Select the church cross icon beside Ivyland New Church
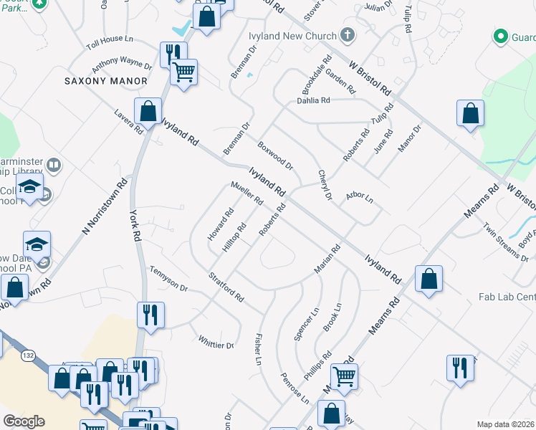click(348, 34)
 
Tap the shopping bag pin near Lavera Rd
click(148, 113)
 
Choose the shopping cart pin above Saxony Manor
click(184, 72)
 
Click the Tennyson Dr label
click(168, 279)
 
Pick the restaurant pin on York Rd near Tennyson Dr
click(150, 315)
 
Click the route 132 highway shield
click(28, 355)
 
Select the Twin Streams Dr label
click(506, 242)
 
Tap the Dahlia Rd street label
click(313, 101)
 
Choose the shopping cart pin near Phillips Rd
click(345, 375)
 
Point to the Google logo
click(24, 421)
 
